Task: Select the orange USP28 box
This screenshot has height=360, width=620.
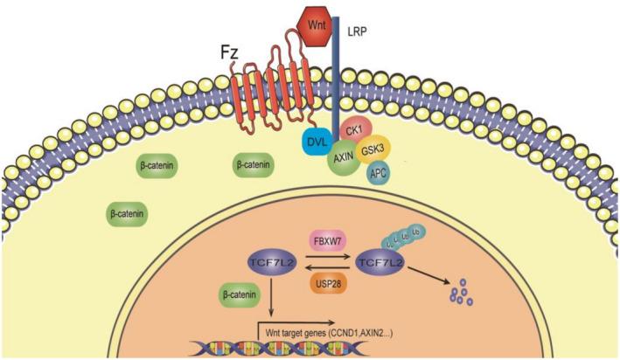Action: click(x=330, y=284)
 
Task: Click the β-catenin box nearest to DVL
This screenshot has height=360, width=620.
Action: click(x=252, y=163)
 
